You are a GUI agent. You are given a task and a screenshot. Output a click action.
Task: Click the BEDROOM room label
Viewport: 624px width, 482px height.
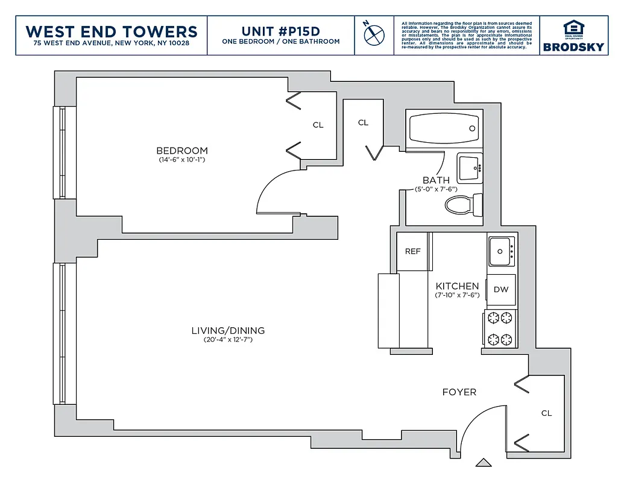(182, 151)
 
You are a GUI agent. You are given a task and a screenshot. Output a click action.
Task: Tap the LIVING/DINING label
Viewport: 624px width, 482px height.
(228, 331)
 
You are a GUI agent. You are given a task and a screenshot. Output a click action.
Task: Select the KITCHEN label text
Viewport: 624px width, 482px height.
(457, 286)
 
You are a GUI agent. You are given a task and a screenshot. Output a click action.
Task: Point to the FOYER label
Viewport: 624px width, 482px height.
(459, 392)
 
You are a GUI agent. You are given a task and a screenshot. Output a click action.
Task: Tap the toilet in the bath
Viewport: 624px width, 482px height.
(464, 205)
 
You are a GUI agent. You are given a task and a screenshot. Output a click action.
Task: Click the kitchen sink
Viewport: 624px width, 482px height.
(500, 251)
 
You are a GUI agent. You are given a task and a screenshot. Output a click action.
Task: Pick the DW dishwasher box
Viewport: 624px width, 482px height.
(501, 289)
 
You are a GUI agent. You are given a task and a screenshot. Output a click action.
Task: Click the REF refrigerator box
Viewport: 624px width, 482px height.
(412, 251)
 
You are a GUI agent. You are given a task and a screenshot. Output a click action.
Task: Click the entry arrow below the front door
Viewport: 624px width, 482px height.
(484, 463)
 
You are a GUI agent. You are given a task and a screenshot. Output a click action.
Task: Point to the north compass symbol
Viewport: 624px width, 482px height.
(374, 34)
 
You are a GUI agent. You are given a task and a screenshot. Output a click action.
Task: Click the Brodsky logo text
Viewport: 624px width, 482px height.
(573, 47)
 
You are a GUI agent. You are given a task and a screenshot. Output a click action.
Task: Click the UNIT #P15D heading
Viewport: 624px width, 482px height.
(280, 31)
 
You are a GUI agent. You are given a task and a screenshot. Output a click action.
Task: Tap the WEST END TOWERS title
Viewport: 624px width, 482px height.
(112, 31)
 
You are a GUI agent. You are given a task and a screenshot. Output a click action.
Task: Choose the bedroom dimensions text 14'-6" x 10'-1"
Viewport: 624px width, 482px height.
(182, 160)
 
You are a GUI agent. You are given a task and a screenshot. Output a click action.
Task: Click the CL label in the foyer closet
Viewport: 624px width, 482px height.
(546, 413)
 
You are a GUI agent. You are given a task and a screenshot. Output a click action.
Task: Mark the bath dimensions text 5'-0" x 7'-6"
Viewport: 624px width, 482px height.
(436, 190)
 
